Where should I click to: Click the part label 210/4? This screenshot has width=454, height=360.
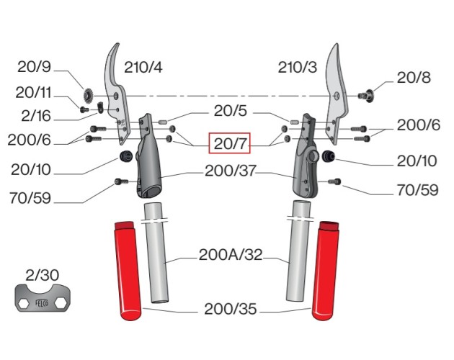tap(143, 68)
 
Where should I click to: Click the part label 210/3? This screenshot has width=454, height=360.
tap(297, 68)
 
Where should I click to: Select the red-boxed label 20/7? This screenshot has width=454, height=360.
tap(228, 144)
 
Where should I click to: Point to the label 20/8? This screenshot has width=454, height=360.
tap(413, 78)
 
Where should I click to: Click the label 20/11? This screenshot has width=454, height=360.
tap(35, 92)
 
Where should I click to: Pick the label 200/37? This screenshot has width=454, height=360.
tap(228, 172)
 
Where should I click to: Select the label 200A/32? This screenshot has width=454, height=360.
tap(230, 254)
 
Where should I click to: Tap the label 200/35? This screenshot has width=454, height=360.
tap(229, 310)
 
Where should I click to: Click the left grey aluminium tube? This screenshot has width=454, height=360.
tap(156, 259)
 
